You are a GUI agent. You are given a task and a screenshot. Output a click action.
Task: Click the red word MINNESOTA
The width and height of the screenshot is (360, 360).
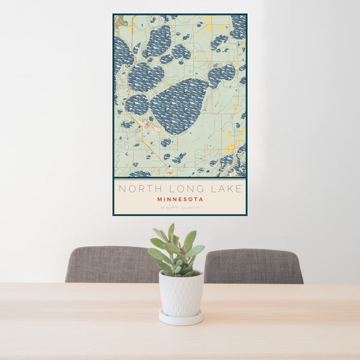coord(180,199)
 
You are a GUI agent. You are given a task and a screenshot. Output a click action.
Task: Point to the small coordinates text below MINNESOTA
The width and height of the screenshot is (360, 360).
coord(180,208)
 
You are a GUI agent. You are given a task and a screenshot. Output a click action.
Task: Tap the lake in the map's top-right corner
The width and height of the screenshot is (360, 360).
coord(239,26)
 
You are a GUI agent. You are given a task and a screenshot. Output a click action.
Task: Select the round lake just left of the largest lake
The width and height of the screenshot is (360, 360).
coord(137,104)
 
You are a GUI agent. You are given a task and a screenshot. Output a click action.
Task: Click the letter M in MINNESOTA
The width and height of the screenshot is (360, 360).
coord(159,199)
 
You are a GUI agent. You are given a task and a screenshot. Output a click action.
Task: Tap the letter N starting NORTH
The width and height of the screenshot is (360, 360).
coord(122,189)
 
